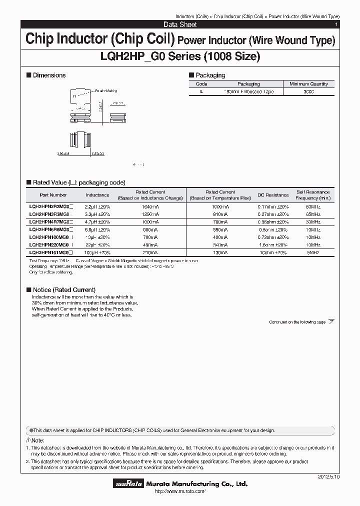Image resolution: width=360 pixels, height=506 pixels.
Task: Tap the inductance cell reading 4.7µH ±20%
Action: [x=97, y=221]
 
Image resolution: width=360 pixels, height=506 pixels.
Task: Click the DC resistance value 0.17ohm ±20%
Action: [x=273, y=206]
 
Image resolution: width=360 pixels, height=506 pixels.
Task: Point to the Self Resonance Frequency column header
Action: [x=313, y=195]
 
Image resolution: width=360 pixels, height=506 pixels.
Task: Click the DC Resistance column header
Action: [x=273, y=195]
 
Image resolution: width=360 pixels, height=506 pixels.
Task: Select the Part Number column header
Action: [x=52, y=195]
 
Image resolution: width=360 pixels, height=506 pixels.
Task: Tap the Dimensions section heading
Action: [x=49, y=75]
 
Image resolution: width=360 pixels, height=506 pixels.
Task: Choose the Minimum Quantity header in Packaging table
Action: [x=308, y=84]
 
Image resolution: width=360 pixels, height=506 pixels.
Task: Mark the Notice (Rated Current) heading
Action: [x=63, y=290]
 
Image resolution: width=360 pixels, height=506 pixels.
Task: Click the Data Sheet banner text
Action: [x=180, y=24]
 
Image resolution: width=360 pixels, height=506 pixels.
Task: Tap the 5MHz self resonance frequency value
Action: [x=313, y=253]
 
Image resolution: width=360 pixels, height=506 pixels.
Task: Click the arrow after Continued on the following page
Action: [x=331, y=322]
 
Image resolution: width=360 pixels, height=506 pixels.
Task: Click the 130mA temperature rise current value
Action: [x=220, y=253]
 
